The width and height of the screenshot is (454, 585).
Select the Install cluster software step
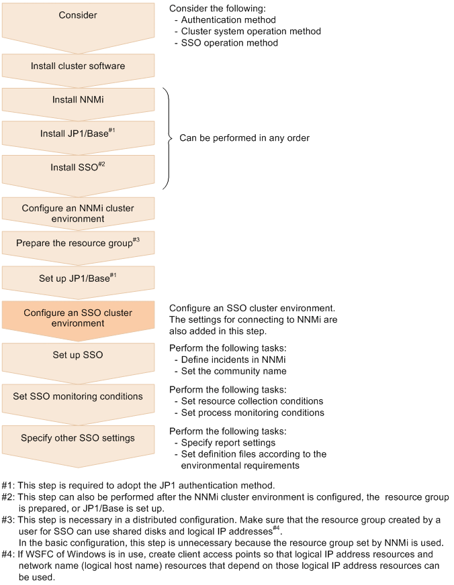coord(78,66)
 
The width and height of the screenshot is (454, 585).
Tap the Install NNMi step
coord(78,100)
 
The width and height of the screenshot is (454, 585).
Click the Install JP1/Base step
coord(78,134)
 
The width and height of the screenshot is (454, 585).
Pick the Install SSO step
coord(78,167)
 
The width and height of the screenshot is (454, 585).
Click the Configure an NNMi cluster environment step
coord(78,213)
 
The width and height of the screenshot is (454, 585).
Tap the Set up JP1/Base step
coord(78,277)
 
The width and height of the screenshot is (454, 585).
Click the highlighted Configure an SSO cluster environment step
coord(78,318)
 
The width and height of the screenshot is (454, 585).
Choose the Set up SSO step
coord(78,354)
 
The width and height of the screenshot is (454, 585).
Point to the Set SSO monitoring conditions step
coord(78,396)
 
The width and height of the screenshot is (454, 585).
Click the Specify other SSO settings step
coord(78,438)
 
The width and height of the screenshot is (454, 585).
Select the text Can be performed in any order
coord(244,138)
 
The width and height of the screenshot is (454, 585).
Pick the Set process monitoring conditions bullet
coord(253,413)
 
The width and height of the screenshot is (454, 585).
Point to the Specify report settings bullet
coord(228,443)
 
